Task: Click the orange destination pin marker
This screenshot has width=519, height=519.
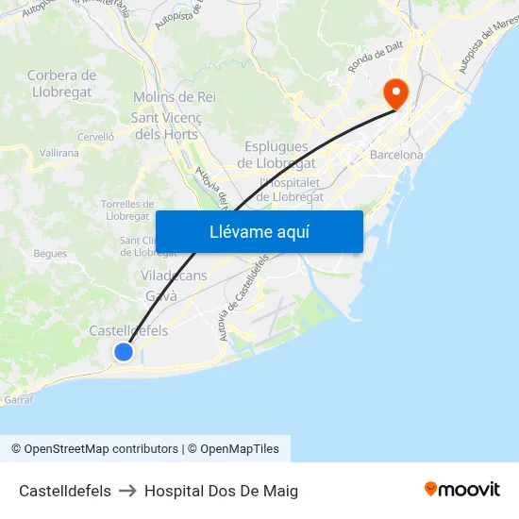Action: (x=394, y=92)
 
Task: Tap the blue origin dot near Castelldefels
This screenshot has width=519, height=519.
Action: (x=124, y=352)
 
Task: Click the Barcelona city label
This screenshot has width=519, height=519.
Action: (x=396, y=155)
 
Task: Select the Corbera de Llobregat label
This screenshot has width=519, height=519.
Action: (x=60, y=83)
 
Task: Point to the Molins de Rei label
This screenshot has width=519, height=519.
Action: (x=175, y=97)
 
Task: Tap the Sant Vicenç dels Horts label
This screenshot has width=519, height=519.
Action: (x=164, y=126)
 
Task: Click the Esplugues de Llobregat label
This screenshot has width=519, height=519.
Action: (x=276, y=154)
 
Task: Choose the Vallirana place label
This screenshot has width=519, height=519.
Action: (x=59, y=152)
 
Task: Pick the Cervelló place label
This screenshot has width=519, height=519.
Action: (x=95, y=137)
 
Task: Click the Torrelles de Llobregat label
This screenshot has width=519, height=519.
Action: (x=127, y=209)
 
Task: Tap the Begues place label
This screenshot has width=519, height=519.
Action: (x=50, y=253)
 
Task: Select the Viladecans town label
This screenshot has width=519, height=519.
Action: (x=174, y=276)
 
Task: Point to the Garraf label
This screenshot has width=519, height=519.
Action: (x=18, y=400)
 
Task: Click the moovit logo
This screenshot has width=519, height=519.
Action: (x=461, y=490)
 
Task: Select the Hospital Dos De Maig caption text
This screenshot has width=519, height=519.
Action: (x=221, y=491)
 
